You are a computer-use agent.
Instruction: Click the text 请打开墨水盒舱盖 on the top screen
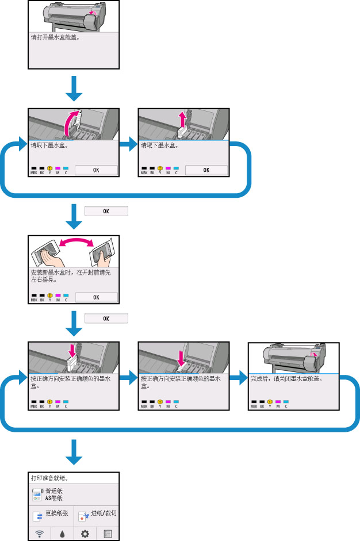(x=55, y=39)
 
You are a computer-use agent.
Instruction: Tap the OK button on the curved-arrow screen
(x=96, y=170)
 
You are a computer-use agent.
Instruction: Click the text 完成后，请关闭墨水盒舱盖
(x=286, y=379)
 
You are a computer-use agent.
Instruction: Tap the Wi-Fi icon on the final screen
(x=40, y=534)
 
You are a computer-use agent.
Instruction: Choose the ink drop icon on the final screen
(x=62, y=534)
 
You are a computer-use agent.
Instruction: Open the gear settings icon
(x=85, y=534)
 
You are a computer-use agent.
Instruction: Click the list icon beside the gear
(x=108, y=534)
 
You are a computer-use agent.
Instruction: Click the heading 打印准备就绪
(x=50, y=478)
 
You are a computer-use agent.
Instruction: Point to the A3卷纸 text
(x=54, y=499)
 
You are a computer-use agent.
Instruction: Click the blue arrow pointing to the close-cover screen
(x=237, y=379)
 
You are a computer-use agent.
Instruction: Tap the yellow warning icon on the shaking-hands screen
(x=50, y=294)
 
